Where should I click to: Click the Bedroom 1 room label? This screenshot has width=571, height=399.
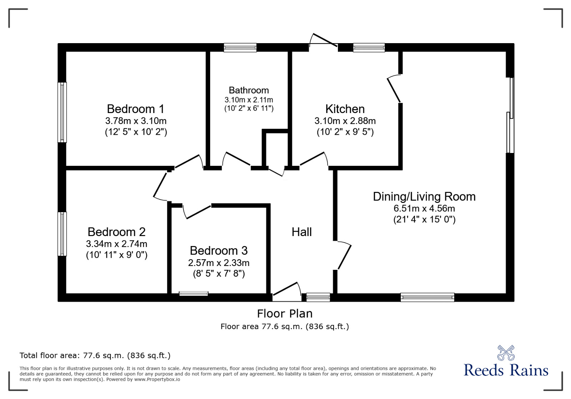pos(136,109)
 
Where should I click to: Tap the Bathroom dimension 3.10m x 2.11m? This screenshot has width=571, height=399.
pos(249,100)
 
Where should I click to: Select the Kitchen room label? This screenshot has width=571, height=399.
pos(345,109)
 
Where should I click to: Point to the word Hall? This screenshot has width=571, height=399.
pos(302,232)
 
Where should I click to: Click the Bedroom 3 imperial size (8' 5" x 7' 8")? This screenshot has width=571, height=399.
pos(219,273)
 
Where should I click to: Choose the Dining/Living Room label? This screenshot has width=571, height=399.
pos(424,196)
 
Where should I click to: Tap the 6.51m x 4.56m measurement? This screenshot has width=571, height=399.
pos(424,208)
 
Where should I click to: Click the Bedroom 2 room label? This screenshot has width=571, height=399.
pos(116,232)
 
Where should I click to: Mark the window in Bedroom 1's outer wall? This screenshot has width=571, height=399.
pos(62,112)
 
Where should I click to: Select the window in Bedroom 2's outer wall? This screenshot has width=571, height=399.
pos(62,234)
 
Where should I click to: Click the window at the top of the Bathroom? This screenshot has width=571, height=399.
pos(240,48)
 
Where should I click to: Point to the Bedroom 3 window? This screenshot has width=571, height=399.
pos(193,293)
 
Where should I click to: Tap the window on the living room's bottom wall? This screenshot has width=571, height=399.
pos(427,297)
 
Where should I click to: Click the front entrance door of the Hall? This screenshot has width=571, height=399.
pos(286,290)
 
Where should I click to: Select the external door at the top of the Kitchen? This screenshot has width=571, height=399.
pos(323,40)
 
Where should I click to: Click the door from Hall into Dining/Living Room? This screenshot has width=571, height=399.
pos(344,256)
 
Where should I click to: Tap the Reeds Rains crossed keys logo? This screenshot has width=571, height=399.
pos(506,353)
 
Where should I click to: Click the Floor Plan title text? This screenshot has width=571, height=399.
pos(284,313)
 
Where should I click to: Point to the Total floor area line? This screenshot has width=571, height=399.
pos(95,355)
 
